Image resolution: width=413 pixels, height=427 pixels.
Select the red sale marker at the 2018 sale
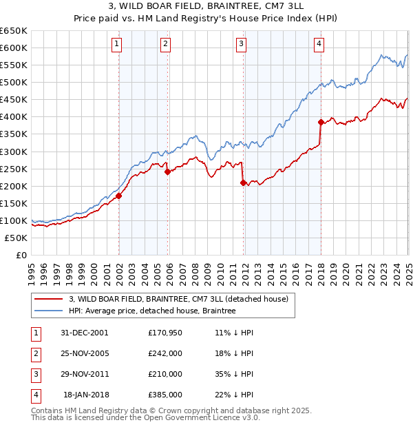[x=321, y=122]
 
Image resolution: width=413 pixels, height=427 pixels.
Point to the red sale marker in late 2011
[x=243, y=183]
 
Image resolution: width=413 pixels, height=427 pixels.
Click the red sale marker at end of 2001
[x=118, y=196]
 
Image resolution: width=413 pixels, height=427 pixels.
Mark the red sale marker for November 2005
[x=167, y=171]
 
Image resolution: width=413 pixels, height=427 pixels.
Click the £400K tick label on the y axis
[x=14, y=116]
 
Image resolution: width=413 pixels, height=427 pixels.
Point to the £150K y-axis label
[x=14, y=203]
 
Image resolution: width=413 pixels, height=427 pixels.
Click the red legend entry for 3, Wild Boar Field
[x=182, y=298]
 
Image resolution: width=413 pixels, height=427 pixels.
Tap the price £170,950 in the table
[x=165, y=332]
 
